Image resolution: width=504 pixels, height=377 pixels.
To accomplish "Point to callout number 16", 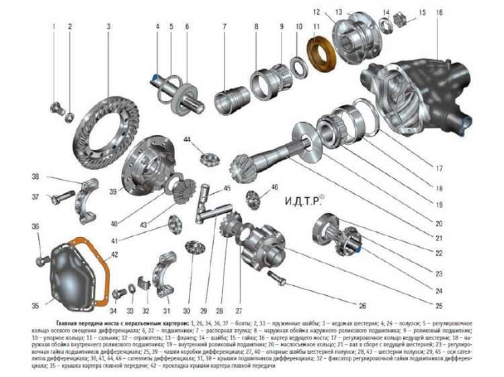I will (439, 13).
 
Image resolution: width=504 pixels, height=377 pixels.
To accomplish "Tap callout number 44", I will (187, 139).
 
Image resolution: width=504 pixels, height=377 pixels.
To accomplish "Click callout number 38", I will (36, 176).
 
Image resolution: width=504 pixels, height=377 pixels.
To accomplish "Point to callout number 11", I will (316, 26).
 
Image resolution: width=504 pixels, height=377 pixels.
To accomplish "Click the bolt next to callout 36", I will (42, 258).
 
